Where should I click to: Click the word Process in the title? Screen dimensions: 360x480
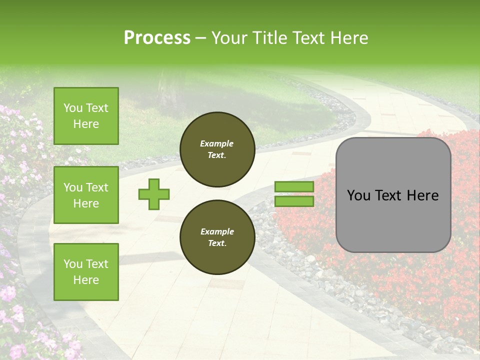tap(157, 38)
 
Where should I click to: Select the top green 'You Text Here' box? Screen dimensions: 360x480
tap(86, 116)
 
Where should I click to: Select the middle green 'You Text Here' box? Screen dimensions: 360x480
tap(86, 195)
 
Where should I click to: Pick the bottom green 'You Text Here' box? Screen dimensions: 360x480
tap(86, 271)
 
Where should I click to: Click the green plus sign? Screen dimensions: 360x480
tap(153, 194)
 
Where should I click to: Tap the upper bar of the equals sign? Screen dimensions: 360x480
tap(294, 186)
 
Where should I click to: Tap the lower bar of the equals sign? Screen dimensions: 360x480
tap(294, 201)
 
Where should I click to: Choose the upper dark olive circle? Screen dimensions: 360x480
tap(217, 149)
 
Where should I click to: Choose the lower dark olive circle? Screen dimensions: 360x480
tap(217, 237)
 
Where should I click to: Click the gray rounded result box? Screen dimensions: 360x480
tap(393, 194)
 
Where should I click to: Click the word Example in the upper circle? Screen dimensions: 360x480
tap(217, 143)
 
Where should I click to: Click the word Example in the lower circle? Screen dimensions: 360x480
tap(217, 231)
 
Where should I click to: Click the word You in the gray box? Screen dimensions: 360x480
tap(358, 195)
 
